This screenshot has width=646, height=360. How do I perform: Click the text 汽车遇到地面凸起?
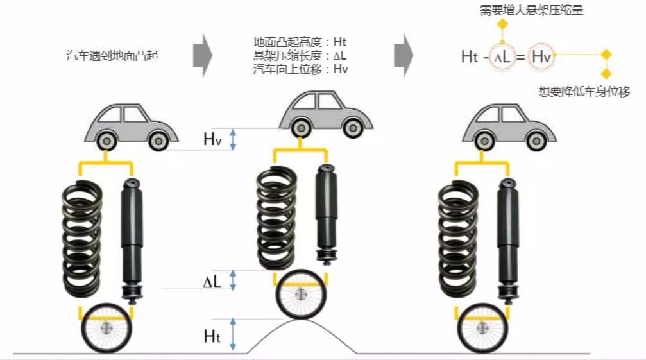coord(112,56)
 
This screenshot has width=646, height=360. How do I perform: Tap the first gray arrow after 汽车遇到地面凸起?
coord(202,53)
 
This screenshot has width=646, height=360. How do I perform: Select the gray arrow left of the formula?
coord(403,52)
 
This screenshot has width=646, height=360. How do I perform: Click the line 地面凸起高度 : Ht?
coord(300,42)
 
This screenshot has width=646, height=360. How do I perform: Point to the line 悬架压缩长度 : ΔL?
coord(300,55)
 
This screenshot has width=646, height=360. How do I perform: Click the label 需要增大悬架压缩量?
coord(531,10)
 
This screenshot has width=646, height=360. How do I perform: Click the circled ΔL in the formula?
coord(503,57)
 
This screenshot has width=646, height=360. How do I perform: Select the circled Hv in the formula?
coord(542,57)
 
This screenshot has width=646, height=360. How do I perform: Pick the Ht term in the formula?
coord(469,57)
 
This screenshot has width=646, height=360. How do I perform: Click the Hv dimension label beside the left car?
coord(212,139)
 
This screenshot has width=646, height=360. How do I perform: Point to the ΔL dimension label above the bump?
coord(212,280)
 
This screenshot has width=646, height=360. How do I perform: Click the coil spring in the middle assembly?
coord(276,212)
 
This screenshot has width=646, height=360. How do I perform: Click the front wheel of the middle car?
coord(351,128)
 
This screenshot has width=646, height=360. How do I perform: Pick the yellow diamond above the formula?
coord(502,24)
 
